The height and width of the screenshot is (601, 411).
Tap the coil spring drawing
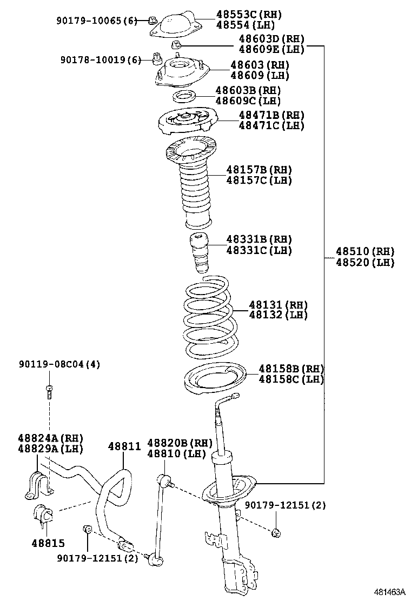(208, 317)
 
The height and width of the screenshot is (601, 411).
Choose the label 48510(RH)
(364, 251)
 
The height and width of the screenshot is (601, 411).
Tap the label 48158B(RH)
(291, 369)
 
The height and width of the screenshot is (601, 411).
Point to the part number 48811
(124, 446)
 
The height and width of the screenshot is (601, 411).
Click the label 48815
(48, 543)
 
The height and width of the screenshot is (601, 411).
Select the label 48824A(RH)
(50, 438)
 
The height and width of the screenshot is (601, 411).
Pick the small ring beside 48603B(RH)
(185, 97)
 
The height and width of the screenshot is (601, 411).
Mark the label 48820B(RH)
(177, 443)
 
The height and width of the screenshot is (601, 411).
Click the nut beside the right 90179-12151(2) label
(276, 532)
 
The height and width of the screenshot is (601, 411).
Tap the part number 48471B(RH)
(271, 115)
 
